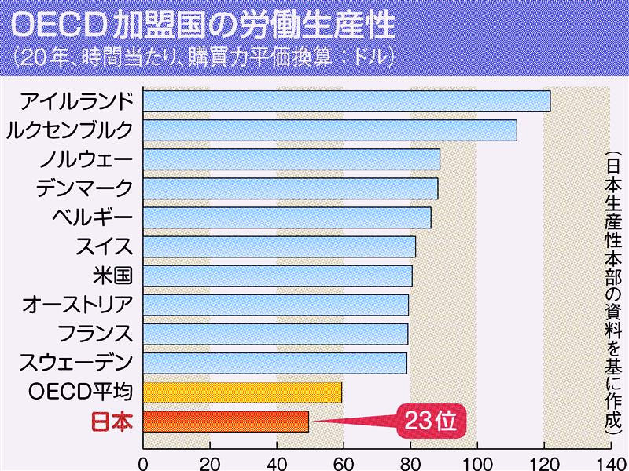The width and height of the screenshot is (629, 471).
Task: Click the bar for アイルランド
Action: tap(346, 101)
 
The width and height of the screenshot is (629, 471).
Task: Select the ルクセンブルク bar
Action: tap(329, 130)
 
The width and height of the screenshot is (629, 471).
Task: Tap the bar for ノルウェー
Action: tap(291, 159)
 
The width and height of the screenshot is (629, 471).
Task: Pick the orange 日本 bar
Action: tap(226, 422)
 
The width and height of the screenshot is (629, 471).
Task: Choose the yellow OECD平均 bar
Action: tap(242, 392)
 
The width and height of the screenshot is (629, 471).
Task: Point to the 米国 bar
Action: tap(277, 276)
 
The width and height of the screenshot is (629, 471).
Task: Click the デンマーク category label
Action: tap(84, 188)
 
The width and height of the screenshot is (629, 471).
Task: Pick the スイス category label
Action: tap(103, 246)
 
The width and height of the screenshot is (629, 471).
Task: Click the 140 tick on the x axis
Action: tap(609, 462)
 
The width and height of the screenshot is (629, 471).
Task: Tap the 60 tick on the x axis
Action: tap(343, 462)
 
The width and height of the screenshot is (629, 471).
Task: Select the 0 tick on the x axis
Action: tap(143, 462)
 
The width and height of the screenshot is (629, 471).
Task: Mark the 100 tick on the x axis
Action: tap(476, 462)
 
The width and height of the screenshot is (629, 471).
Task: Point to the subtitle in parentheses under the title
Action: tap(201, 58)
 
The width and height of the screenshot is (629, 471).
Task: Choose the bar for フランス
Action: tap(275, 334)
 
